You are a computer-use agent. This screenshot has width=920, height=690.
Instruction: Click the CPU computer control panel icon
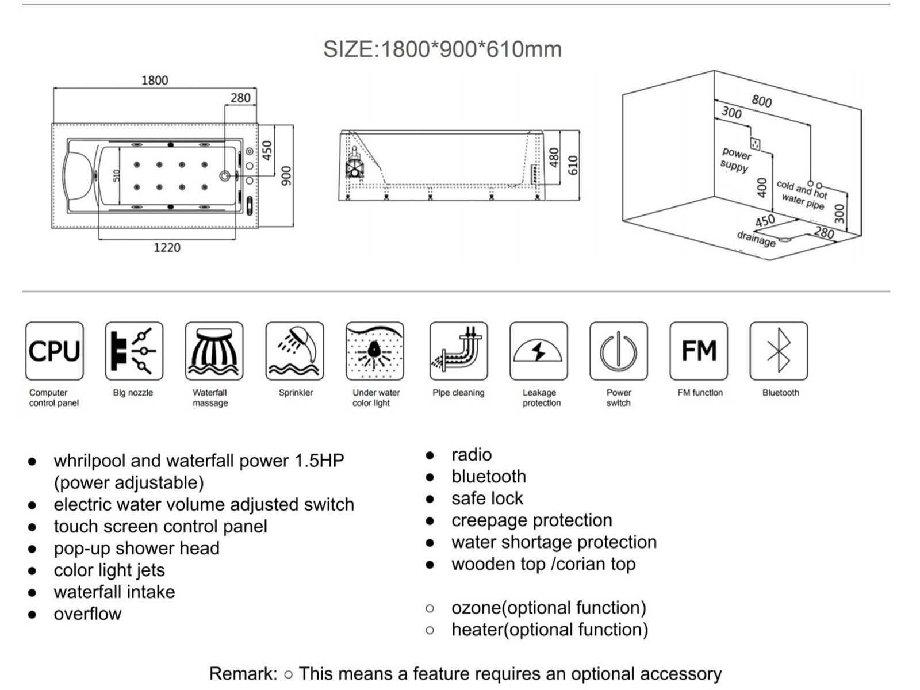[x=55, y=351]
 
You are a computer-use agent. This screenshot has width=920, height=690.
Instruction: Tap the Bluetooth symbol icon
[x=779, y=351]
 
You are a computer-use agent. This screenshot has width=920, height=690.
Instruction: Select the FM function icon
[x=699, y=351]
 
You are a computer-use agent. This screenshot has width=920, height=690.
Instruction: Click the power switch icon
[x=618, y=351]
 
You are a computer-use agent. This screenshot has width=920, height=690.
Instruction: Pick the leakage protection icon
[x=538, y=351]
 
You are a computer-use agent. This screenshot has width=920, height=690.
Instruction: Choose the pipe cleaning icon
[x=458, y=351]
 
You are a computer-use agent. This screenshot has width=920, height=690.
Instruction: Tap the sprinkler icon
[x=294, y=351]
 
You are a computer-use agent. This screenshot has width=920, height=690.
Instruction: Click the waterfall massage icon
[x=214, y=351]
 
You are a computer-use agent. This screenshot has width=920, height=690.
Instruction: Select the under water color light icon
[x=375, y=351]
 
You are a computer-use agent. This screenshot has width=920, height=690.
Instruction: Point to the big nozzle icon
[x=134, y=351]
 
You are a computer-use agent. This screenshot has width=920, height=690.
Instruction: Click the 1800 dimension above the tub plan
[x=155, y=80]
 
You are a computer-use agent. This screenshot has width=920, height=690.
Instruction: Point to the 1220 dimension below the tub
[x=167, y=248]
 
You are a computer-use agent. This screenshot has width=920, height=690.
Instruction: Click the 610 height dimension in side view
[x=573, y=166]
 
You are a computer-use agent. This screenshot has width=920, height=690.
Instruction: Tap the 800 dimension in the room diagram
[x=761, y=101]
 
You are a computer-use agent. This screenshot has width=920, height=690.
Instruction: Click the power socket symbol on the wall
[x=755, y=143]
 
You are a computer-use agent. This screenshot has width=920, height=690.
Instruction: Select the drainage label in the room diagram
[x=756, y=239]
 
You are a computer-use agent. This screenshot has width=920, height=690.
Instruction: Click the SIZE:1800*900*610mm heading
[x=442, y=49]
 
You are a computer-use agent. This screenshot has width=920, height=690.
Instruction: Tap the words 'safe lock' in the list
[x=487, y=498]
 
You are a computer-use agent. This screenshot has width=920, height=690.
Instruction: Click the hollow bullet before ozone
[x=430, y=608]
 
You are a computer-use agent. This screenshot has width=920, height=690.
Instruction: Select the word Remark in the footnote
[x=243, y=673]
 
